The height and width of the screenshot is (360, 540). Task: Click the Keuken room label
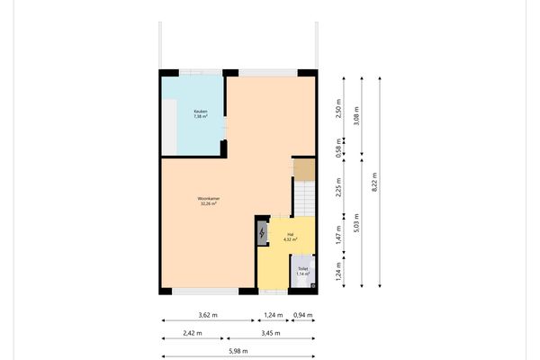point(200,111)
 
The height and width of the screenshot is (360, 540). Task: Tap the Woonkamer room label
point(210,198)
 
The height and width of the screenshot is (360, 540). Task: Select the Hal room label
point(290,234)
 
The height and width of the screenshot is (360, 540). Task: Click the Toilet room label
point(303,268)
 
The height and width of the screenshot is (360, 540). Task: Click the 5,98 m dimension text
point(238,351)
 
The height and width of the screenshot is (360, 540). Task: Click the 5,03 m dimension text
point(356,222)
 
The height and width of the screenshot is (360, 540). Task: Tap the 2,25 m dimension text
point(338,184)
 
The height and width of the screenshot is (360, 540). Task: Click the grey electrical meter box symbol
point(262,234)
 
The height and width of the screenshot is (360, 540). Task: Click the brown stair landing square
point(305,168)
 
